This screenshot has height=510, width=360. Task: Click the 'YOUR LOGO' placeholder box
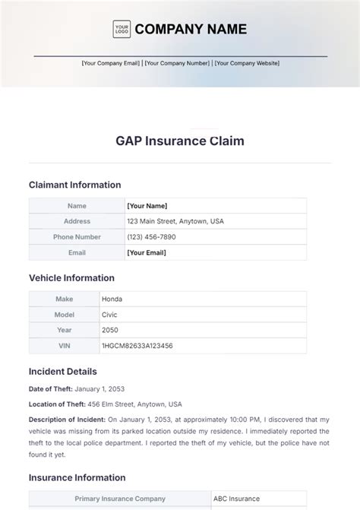tap(122, 29)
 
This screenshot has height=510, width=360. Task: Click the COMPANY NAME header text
tap(191, 29)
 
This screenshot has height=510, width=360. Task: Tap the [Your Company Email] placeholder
tap(111, 63)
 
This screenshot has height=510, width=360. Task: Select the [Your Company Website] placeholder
tap(246, 63)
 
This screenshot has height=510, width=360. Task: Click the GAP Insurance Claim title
tap(180, 141)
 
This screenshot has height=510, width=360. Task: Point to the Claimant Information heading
tap(74, 185)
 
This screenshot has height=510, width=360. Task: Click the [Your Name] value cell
tap(147, 206)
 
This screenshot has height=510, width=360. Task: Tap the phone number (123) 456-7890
tap(151, 236)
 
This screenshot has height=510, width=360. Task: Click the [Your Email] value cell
tap(147, 252)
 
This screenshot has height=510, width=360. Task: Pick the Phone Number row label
tap(77, 236)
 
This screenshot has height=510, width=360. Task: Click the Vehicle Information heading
tap(71, 278)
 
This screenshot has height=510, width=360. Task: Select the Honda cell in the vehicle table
tap(112, 299)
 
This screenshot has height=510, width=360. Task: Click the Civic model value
tap(109, 315)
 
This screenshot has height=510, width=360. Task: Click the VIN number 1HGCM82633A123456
tap(137, 345)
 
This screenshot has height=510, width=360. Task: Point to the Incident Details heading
tap(62, 372)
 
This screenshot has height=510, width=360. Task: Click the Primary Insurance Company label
tap(120, 499)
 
